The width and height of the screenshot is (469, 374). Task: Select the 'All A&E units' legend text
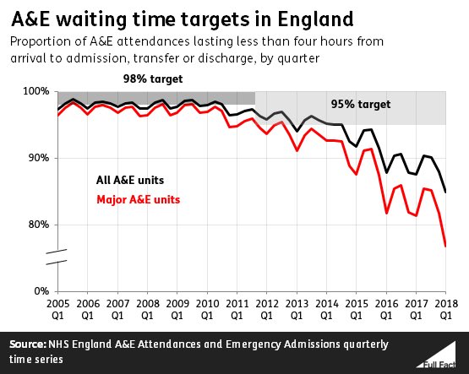tap(130, 179)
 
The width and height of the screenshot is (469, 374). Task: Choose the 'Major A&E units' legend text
tap(136, 199)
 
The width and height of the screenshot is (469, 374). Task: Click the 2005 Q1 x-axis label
tap(57, 307)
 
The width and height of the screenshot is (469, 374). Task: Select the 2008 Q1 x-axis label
tap(146, 307)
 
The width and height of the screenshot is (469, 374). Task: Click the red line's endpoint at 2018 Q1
tap(445, 246)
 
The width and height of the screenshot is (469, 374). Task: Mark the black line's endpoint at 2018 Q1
tap(445, 192)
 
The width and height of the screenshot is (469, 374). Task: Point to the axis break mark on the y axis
tap(55, 258)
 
